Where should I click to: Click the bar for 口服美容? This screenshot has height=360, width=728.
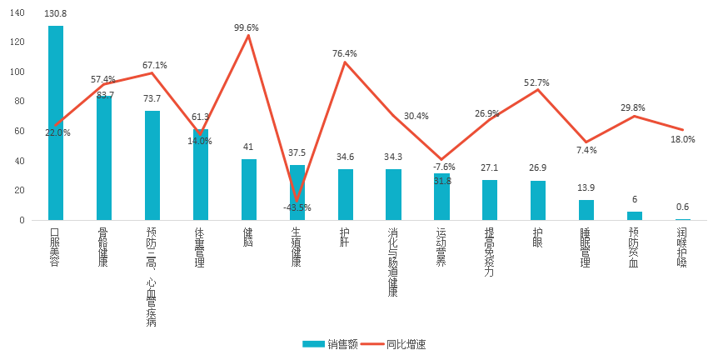56,123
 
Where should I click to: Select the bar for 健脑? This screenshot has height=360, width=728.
248,190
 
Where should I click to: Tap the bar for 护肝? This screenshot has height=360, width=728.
345,195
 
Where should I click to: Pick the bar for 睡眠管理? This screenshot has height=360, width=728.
586,210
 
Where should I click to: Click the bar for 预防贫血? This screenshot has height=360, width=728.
635,216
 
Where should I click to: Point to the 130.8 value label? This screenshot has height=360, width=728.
56,14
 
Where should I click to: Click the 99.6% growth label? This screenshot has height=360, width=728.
247,27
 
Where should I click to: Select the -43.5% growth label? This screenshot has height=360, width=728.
297,207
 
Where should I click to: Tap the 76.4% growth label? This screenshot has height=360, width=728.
345,53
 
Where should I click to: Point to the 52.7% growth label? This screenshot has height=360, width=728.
536,82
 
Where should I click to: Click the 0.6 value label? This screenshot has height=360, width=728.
682,207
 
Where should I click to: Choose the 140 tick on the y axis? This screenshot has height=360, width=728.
18,12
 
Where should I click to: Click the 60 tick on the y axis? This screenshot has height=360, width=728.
20,132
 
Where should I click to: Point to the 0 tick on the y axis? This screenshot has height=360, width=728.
22,221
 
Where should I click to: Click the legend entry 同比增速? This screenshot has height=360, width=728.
406,343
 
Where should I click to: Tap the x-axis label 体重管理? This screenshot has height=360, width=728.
200,247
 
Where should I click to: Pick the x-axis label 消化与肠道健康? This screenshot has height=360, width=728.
393,262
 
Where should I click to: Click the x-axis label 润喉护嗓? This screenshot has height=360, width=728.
682,247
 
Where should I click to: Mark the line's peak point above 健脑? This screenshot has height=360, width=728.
248,35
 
